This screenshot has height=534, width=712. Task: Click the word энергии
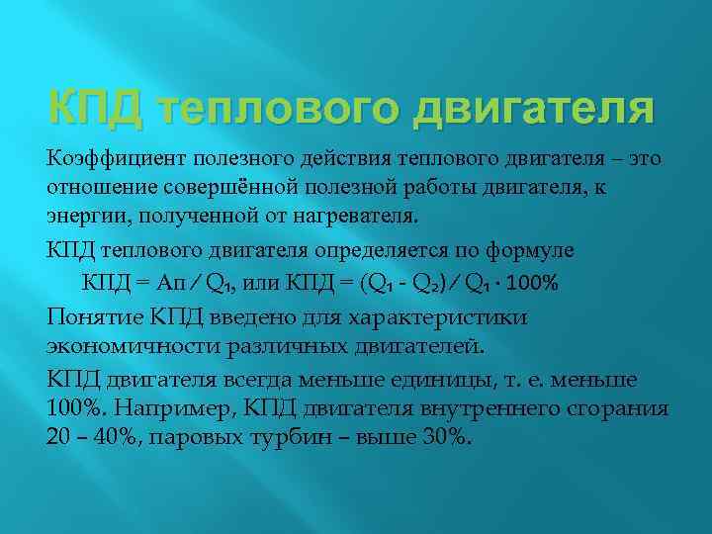(82, 212)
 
